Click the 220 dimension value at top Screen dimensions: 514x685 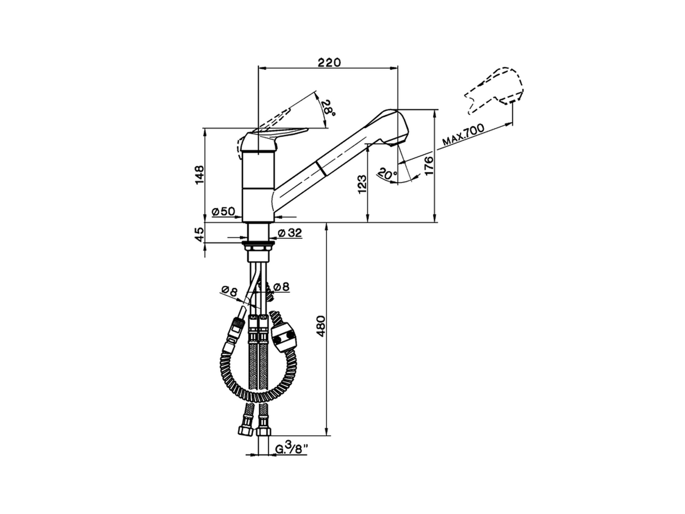(329, 63)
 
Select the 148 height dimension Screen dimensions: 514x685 (199, 175)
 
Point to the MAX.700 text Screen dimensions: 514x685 (463, 135)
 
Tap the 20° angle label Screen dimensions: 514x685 (386, 174)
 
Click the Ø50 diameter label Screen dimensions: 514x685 (224, 211)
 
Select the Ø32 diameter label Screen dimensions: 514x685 (291, 233)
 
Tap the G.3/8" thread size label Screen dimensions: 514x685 (292, 449)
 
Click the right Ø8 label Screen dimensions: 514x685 (280, 288)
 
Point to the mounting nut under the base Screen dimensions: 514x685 (259, 246)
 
